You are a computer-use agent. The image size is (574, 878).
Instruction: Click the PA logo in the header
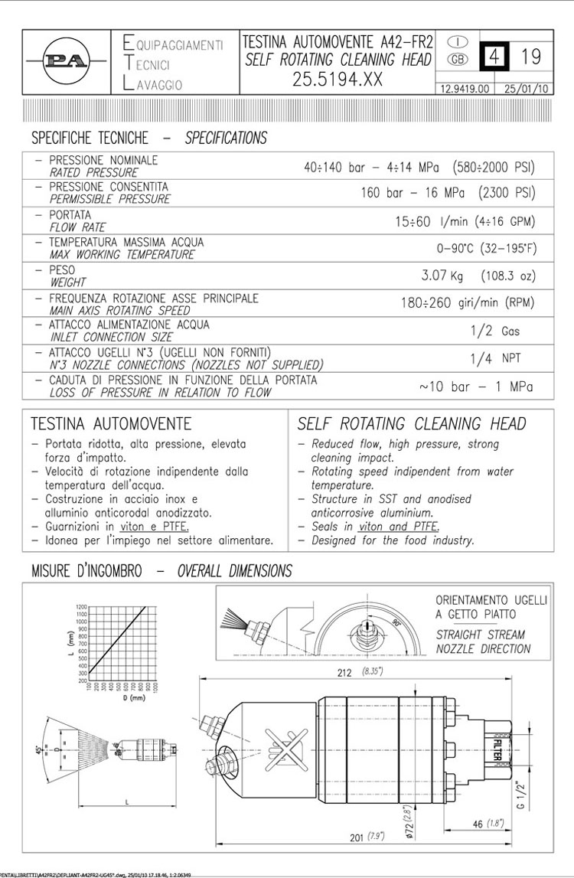[67, 61]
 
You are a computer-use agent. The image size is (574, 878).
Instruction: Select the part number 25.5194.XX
[338, 79]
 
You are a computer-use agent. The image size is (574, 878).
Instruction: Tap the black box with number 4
[494, 56]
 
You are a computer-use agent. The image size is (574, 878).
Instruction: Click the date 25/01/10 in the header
[527, 88]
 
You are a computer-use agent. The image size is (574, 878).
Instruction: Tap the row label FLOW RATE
[77, 227]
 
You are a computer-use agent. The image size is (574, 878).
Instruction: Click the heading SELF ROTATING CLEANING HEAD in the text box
[412, 424]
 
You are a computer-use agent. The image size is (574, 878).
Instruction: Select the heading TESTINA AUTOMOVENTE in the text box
[111, 424]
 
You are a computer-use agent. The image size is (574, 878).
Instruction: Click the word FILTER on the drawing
[498, 747]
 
